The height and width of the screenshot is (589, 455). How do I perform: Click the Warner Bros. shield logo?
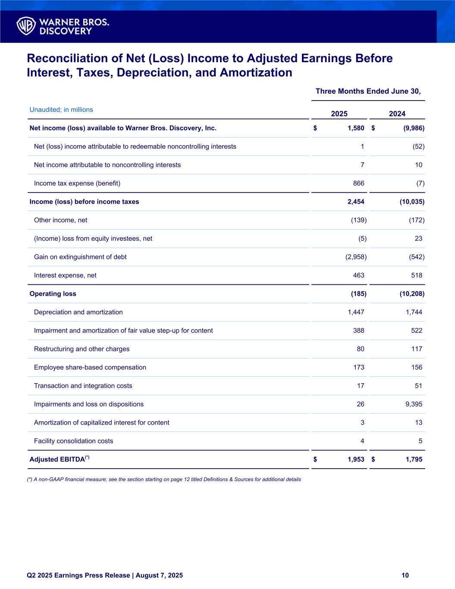click(26, 26)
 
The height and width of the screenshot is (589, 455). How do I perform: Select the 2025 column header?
click(339, 113)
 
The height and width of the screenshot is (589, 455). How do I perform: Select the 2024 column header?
click(397, 113)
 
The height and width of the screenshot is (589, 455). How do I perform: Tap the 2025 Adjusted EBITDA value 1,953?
click(356, 460)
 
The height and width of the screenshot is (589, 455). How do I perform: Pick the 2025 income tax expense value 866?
click(358, 183)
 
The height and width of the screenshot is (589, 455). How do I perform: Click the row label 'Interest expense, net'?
click(65, 275)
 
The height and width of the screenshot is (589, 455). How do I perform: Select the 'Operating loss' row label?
click(53, 294)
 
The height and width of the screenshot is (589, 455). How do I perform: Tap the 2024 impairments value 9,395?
click(414, 404)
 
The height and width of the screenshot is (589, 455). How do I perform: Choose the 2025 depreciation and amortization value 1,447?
click(356, 312)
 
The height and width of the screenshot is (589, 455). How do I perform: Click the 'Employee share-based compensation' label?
click(90, 367)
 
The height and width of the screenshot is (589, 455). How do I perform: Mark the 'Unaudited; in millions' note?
click(61, 110)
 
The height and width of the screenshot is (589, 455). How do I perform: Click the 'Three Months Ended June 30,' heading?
click(368, 91)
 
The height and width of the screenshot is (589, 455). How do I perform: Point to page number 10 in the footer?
click(405, 575)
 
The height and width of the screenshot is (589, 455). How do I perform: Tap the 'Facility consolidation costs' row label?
click(73, 441)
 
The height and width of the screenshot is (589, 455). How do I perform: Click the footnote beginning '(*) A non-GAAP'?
click(164, 479)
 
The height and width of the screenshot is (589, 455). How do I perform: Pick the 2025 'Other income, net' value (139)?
click(358, 220)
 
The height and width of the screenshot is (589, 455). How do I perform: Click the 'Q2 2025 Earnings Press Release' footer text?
click(105, 575)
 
